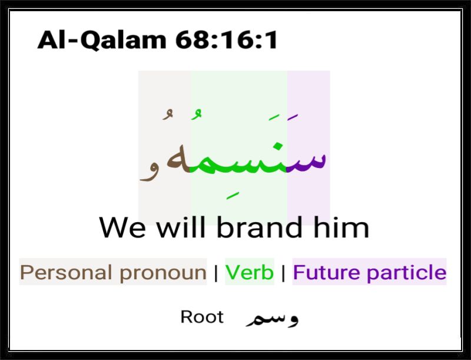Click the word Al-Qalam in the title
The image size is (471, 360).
102,40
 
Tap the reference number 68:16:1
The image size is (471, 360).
227,40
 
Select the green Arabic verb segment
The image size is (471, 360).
238,158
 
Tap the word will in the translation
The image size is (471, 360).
181,226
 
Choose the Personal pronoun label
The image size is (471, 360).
113,272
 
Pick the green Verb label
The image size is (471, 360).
250,272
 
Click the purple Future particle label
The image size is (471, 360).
370,272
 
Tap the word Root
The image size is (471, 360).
202,317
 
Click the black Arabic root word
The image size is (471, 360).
272,318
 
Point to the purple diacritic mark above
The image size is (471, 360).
292,117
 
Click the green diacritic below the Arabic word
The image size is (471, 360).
233,196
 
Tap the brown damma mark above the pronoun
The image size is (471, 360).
168,114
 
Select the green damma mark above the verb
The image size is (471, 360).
196,114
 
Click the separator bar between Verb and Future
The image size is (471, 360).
283,272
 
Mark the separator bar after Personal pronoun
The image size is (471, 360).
216,272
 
